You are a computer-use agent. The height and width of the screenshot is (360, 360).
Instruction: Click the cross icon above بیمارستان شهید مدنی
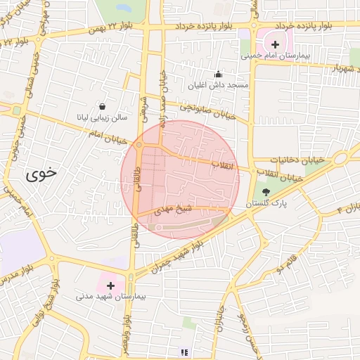110,285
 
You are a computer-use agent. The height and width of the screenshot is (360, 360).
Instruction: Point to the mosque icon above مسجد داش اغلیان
218,74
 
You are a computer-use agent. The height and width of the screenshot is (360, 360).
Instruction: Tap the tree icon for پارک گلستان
266,192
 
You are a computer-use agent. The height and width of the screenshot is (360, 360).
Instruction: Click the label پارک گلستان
266,203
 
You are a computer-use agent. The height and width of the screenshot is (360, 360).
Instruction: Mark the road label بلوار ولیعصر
127,337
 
